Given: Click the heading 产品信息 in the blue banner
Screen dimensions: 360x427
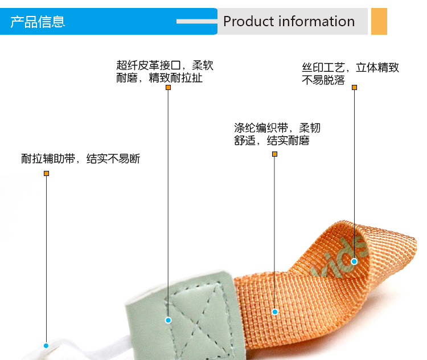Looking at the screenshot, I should (38, 22).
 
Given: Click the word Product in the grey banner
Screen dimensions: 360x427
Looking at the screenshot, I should (249, 22).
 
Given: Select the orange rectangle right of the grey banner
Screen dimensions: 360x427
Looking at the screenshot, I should (379, 22).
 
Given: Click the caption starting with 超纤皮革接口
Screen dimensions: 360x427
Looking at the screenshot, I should (165, 72).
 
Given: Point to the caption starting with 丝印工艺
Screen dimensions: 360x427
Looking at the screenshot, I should (350, 73).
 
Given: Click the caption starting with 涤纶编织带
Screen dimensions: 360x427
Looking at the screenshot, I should (277, 134).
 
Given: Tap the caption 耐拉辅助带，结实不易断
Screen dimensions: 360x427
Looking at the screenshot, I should (81, 159).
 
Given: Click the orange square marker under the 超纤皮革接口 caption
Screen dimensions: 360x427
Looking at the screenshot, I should (168, 88).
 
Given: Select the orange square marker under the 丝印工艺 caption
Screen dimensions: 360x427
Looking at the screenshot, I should (354, 88).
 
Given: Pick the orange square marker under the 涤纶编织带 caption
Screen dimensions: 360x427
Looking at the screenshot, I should (274, 154).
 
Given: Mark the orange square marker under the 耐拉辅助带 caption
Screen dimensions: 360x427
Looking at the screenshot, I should (46, 173).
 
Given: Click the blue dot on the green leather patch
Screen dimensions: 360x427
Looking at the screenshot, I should (168, 320).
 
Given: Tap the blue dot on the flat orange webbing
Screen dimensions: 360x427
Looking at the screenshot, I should (274, 312).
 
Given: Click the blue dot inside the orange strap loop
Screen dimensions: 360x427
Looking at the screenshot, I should (354, 261).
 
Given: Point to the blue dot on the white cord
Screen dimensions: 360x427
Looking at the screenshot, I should (46, 345).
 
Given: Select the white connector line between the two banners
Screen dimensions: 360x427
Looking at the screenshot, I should (197, 22).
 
